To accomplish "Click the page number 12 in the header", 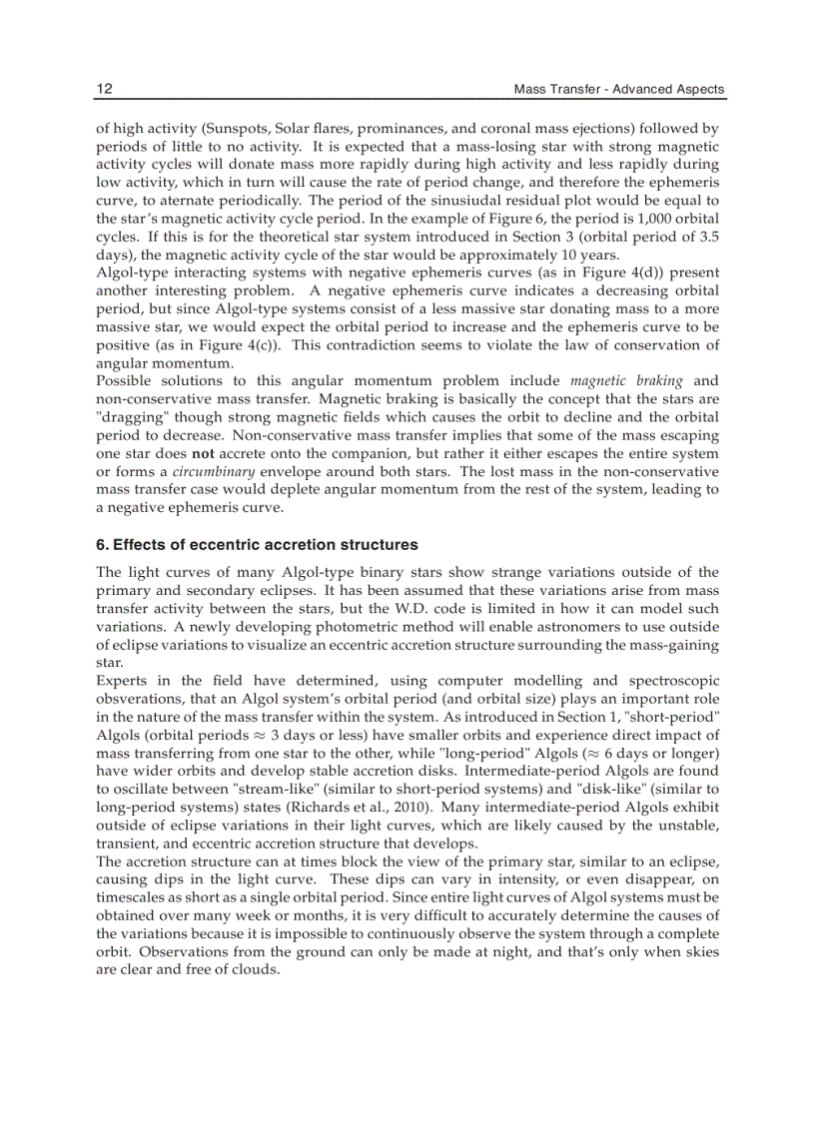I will click(104, 89).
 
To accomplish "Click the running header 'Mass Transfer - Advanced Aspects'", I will click(618, 90).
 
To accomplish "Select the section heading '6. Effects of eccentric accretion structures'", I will click(257, 545).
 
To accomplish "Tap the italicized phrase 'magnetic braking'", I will click(626, 381).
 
